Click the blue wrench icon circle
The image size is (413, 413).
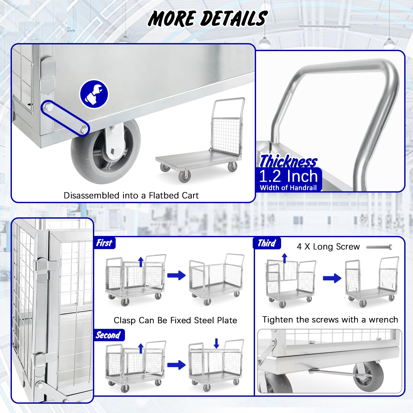(x=94, y=94)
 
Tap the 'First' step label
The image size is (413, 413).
(x=104, y=243)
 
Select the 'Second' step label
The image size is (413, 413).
(x=108, y=335)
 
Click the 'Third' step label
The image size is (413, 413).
(x=267, y=243)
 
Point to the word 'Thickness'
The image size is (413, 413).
(x=288, y=161)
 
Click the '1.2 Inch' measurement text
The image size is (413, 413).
(x=288, y=176)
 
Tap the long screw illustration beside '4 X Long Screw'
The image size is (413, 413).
(x=379, y=247)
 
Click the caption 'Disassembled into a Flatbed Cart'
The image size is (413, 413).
(x=131, y=195)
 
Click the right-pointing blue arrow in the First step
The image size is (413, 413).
(x=176, y=275)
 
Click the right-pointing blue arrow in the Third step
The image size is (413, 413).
(x=332, y=278)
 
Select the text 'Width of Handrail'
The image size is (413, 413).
(x=288, y=188)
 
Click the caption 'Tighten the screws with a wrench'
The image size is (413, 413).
(x=330, y=320)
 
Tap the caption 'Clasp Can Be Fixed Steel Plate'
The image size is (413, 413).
(x=175, y=320)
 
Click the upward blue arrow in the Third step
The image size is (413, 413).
(x=284, y=258)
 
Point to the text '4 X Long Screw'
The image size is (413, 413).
(x=328, y=247)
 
